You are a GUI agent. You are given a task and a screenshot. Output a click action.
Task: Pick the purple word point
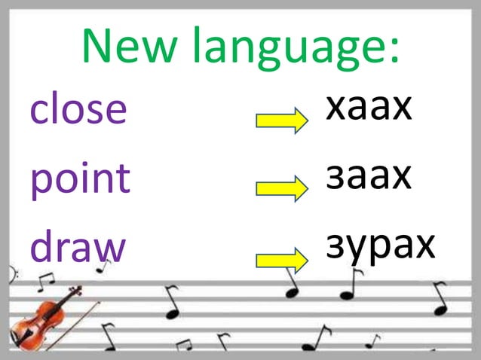click(80, 179)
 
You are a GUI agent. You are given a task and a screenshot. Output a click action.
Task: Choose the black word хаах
click(369, 108)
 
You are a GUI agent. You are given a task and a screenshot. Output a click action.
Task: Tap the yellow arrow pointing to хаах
click(281, 121)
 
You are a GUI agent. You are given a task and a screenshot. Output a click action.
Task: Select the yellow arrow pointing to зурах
click(281, 261)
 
